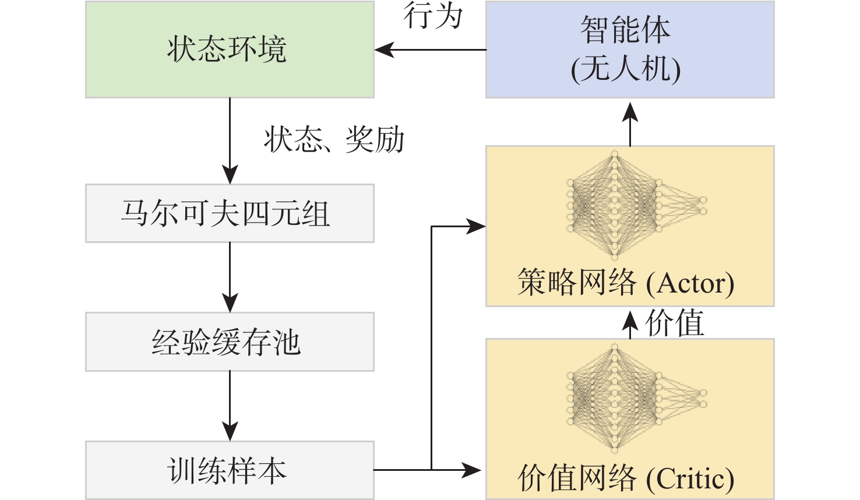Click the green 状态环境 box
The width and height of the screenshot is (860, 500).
[230, 50]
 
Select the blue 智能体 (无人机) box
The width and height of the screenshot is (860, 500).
[630, 50]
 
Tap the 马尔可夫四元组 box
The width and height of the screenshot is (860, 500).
[230, 213]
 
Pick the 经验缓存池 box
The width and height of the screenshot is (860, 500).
[230, 341]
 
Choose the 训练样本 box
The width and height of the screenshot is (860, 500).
[230, 470]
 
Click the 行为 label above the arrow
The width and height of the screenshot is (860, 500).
[433, 16]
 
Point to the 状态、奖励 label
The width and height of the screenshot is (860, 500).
[334, 140]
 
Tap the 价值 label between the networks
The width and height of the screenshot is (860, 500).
[675, 323]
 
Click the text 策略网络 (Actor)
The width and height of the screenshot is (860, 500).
[626, 283]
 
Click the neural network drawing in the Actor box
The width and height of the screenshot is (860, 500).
[635, 205]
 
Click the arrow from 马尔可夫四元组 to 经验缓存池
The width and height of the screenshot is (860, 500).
[230, 277]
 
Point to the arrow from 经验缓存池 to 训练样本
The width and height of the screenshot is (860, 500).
[230, 406]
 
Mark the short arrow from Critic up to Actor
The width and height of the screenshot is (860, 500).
[630, 324]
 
